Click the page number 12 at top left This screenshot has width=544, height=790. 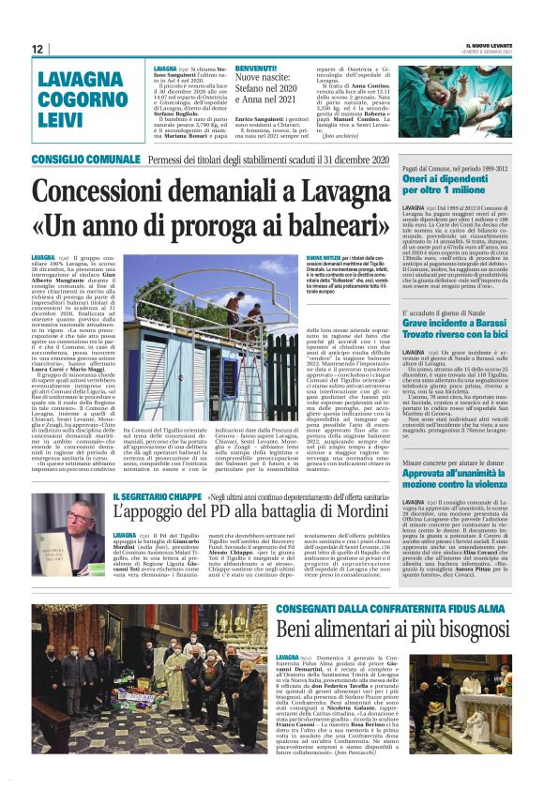(x=38, y=49)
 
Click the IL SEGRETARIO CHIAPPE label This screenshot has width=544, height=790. (x=157, y=496)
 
